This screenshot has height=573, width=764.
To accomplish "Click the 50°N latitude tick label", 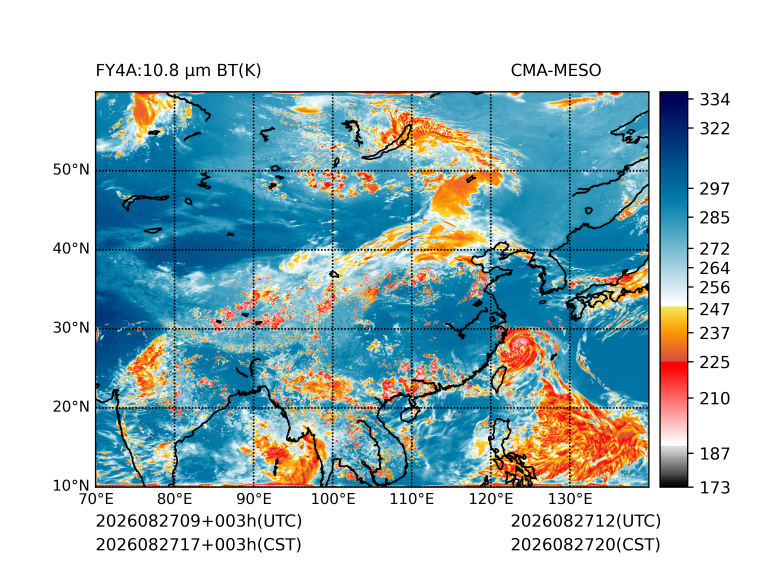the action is coord(71,170).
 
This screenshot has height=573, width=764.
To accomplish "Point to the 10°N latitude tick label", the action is coord(71,486).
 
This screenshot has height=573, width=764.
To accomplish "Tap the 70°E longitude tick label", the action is coord(96,499).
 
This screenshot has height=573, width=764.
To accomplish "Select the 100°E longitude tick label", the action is coord(333,499).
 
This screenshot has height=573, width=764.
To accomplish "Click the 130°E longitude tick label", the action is coord(570,499).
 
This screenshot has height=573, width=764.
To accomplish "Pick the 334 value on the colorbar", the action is coord(715,100).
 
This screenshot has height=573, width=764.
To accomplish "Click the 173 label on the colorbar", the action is coord(715,487).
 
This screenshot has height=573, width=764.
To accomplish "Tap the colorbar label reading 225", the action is coord(715,363).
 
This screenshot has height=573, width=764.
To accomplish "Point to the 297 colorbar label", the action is coord(715,189).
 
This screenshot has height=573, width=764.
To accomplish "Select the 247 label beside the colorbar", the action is coord(715,309).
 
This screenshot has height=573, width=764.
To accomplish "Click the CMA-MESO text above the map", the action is coord(556,71).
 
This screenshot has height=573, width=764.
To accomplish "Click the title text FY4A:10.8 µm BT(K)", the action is coord(178,71).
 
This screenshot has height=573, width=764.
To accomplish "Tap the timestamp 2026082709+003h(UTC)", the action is coord(199,521).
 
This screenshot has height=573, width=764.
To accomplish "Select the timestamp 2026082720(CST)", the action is coord(586,544).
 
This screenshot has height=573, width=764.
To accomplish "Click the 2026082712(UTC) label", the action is coord(586,521).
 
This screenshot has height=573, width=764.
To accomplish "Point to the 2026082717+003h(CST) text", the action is coord(199,544).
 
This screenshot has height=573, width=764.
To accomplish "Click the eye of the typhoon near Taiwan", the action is coord(520,346).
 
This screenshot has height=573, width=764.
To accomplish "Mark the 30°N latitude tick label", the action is coord(71,328).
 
